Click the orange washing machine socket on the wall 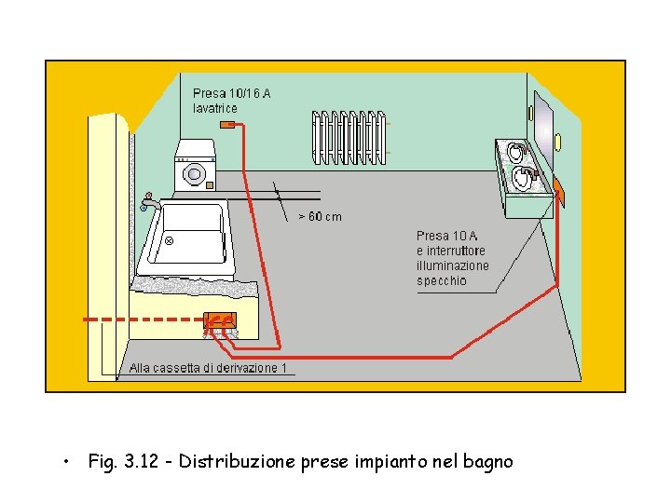(x=227, y=123)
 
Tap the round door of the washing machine (x=195, y=173)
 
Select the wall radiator (x=349, y=137)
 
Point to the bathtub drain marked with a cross (x=170, y=240)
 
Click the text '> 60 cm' (x=319, y=217)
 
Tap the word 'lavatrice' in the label (x=215, y=108)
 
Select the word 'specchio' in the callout (x=442, y=280)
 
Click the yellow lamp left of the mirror (x=530, y=114)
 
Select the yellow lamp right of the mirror (x=557, y=142)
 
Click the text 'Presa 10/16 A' (x=232, y=93)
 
